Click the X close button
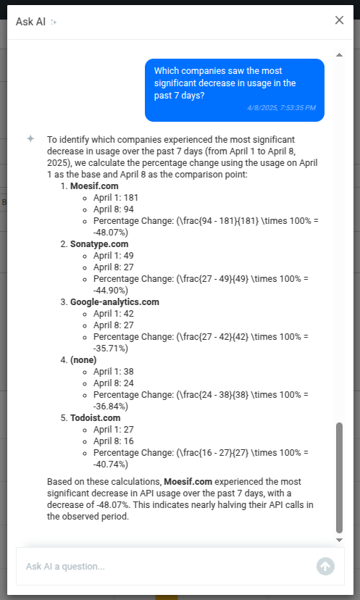click(x=339, y=20)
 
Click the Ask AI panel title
click(x=30, y=22)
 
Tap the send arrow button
click(x=325, y=566)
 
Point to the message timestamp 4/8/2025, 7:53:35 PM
click(x=280, y=108)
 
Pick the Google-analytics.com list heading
click(x=114, y=302)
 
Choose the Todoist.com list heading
click(x=95, y=418)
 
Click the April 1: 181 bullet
click(x=115, y=198)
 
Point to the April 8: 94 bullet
click(x=113, y=209)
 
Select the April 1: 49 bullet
click(x=113, y=256)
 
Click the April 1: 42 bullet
click(x=113, y=314)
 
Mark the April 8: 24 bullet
click(x=113, y=383)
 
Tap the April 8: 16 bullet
click(x=113, y=441)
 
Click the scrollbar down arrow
click(x=339, y=540)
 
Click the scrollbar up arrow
click(x=339, y=55)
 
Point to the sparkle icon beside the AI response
click(x=30, y=138)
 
